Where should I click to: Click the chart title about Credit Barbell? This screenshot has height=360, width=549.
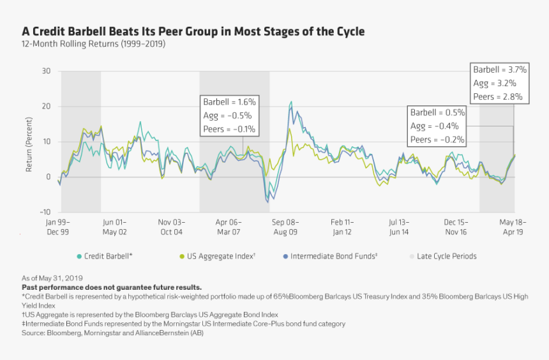click(193, 31)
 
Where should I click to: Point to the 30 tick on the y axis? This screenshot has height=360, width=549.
click(46, 71)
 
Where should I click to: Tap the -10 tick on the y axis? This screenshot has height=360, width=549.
click(45, 212)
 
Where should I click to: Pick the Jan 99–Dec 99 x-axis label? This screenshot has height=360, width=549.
click(59, 227)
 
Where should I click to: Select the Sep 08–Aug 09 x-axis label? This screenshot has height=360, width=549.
click(286, 227)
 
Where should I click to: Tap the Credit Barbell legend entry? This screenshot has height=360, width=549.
click(105, 257)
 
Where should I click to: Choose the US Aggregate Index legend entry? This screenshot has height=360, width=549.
click(217, 257)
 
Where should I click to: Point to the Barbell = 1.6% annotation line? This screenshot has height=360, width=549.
click(229, 101)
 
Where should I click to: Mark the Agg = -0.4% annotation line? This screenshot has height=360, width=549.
click(434, 126)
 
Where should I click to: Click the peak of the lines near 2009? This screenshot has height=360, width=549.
click(291, 102)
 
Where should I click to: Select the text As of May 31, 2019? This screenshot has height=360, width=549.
click(53, 278)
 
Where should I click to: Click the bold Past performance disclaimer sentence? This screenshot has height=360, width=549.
click(112, 287)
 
